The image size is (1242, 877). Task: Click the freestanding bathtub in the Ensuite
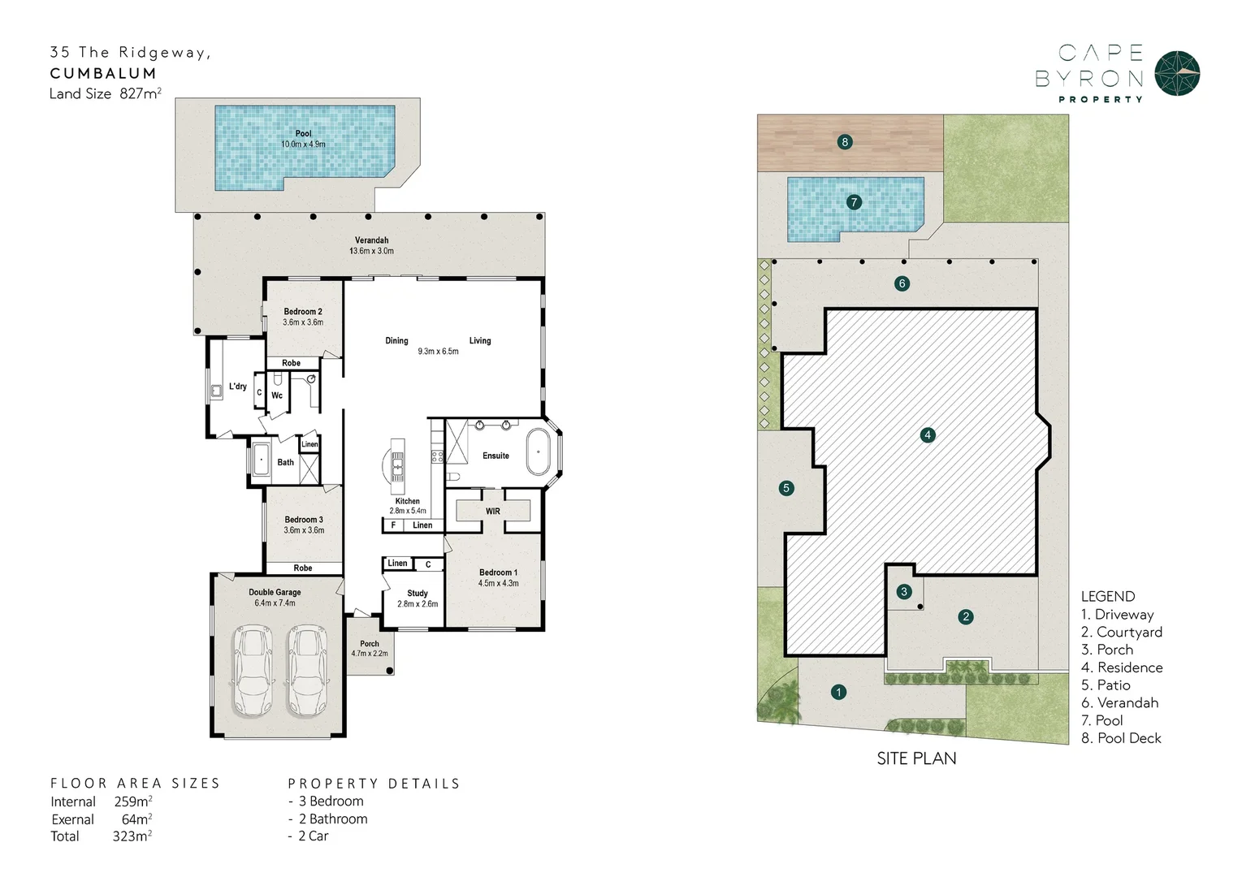click(x=538, y=453)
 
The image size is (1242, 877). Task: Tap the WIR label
click(x=493, y=512)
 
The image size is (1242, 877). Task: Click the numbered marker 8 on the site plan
click(x=845, y=142)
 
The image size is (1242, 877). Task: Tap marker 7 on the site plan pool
click(x=854, y=202)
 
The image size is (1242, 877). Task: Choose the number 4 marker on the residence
click(x=928, y=435)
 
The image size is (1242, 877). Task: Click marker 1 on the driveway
click(x=838, y=692)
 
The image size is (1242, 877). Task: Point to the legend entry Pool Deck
click(x=1121, y=738)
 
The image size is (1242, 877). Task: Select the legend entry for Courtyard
click(x=1122, y=632)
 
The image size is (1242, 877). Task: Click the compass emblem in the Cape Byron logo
click(x=1177, y=73)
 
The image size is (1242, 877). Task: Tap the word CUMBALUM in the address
click(x=103, y=73)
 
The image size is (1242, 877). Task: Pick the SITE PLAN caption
click(x=916, y=758)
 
